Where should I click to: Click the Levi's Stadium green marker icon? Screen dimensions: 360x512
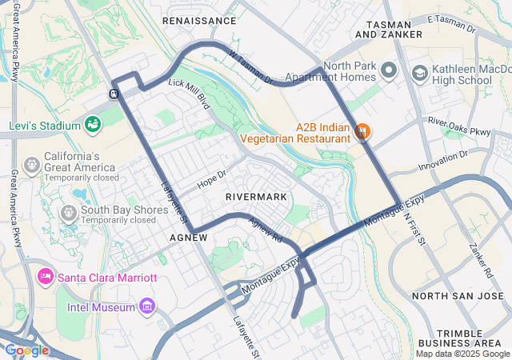coord(93,125)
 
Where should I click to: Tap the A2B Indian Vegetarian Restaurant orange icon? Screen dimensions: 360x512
coord(362,130)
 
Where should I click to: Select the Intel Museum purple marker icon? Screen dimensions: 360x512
coord(146,306)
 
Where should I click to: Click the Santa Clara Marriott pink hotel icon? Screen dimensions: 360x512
coord(45,277)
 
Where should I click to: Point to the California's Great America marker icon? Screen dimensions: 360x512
coord(31,164)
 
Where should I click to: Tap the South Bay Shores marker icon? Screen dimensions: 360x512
coord(69,212)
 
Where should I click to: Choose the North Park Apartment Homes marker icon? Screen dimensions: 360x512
coord(389,71)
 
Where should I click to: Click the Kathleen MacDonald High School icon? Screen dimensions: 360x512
coord(419,74)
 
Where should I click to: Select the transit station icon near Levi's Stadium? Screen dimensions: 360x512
coord(114,94)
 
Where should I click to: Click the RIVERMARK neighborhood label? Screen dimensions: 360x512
coord(255,196)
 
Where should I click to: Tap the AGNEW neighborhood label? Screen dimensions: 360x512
coord(189,238)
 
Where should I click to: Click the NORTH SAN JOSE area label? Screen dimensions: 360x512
coord(458,296)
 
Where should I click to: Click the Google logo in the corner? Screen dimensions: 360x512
coord(26,350)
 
